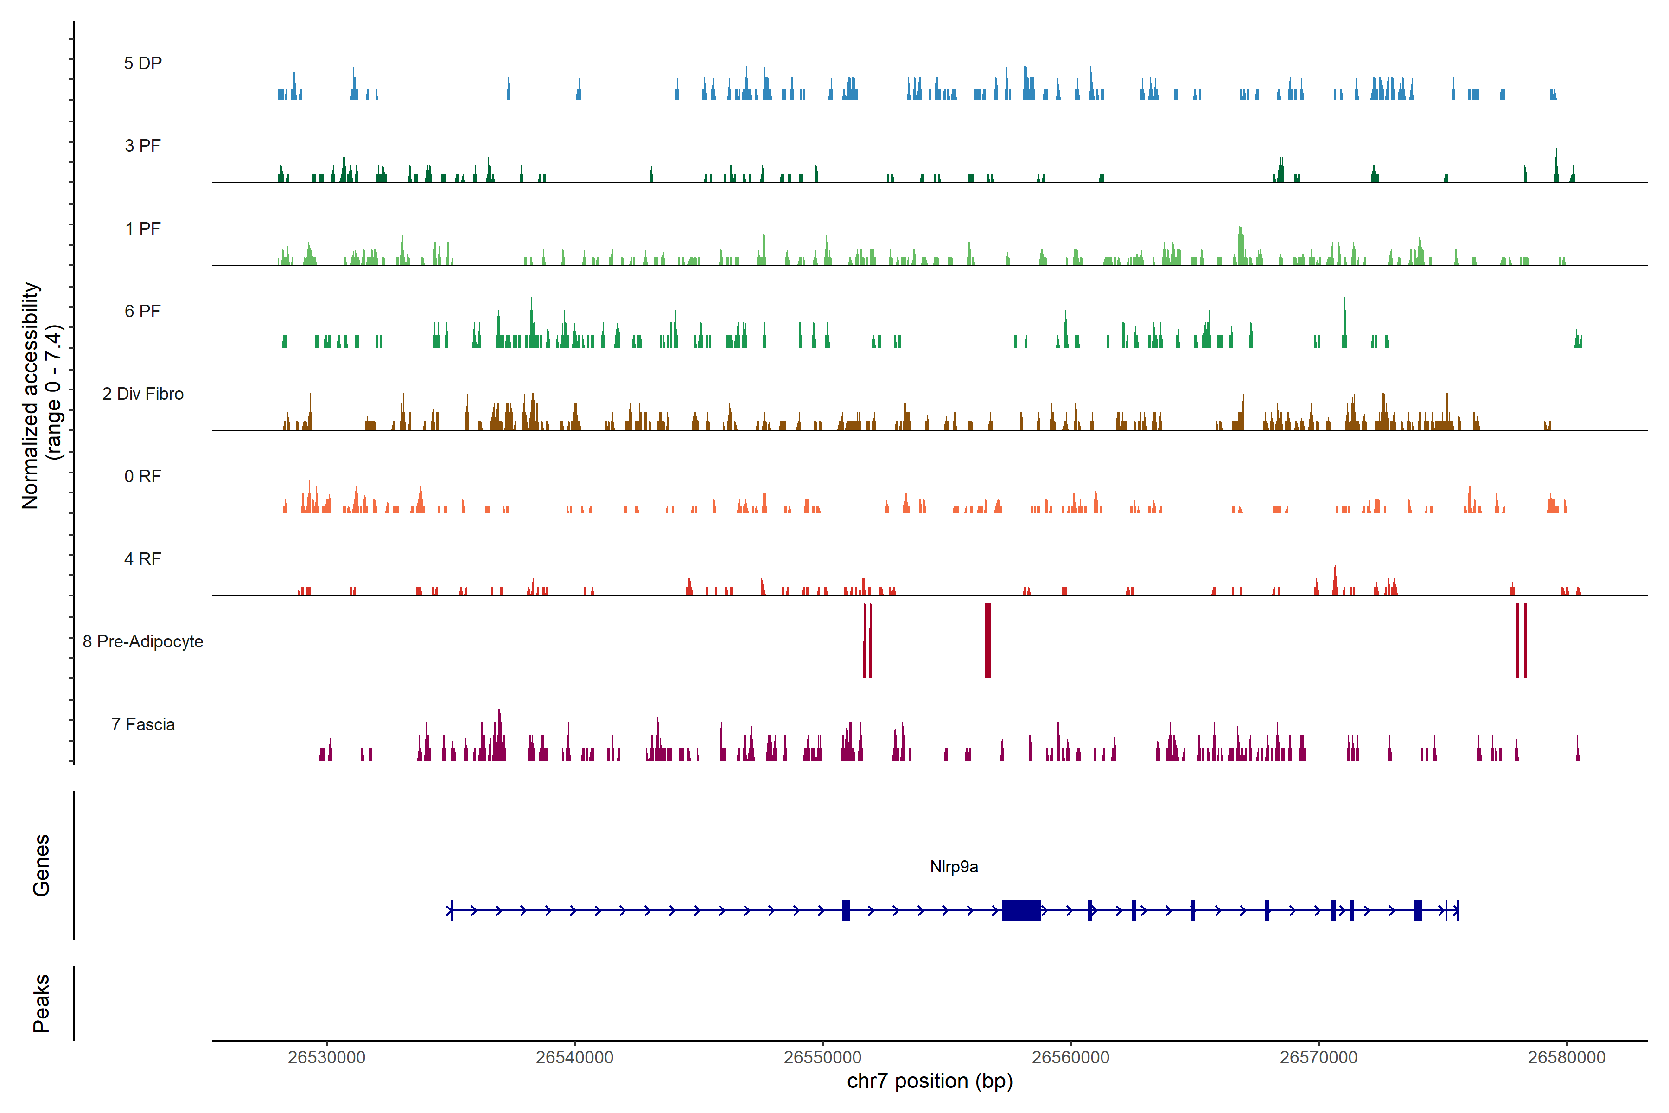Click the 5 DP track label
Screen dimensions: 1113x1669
pos(143,63)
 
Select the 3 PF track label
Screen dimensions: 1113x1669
pos(143,146)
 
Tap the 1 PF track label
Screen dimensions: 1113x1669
pos(143,229)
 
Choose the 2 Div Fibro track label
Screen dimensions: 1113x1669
pos(143,394)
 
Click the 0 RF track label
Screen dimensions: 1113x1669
pos(143,476)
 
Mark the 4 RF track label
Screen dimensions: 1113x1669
pos(143,559)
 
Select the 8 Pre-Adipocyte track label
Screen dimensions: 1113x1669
pos(143,642)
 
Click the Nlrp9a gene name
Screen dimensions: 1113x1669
pos(954,867)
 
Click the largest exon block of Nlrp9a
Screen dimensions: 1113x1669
pos(1021,910)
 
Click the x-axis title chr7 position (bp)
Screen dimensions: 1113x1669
pos(930,1081)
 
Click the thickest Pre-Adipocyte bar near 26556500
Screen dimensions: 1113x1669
pos(988,640)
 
